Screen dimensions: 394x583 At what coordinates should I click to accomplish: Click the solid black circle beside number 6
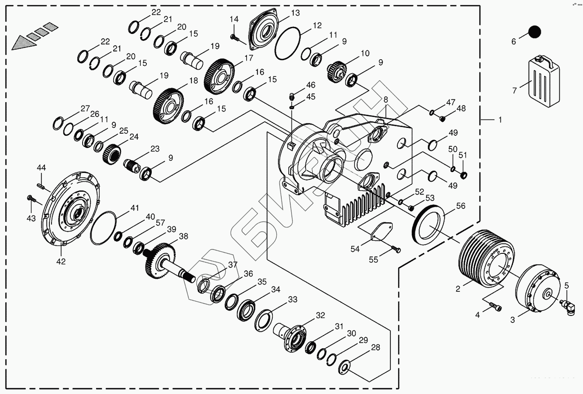(534, 32)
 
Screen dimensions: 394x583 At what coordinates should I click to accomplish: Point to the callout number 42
(61, 261)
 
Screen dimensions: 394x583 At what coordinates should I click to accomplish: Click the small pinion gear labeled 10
(337, 70)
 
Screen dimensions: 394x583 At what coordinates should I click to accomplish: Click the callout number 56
(461, 206)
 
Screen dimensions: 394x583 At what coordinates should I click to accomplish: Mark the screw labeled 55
(396, 249)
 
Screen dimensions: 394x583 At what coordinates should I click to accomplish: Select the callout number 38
(184, 236)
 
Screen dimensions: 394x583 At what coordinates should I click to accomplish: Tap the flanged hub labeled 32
(295, 337)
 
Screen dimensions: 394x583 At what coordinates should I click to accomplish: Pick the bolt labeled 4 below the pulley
(496, 306)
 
